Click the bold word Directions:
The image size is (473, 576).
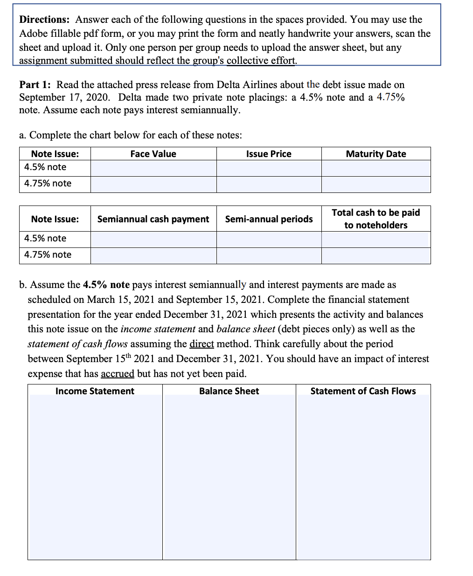(x=44, y=20)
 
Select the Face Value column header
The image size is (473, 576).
(x=153, y=154)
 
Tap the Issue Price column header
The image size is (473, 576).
(x=269, y=154)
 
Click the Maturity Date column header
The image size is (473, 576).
(x=376, y=154)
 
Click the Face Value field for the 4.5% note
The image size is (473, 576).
(x=153, y=168)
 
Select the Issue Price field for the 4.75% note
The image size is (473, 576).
(x=269, y=185)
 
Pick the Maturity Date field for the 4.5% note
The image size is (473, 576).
(x=376, y=168)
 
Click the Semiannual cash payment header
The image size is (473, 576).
(x=153, y=219)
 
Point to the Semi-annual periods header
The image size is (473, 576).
(x=269, y=219)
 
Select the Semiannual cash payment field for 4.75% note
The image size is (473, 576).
(x=153, y=256)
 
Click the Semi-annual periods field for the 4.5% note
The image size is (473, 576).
(x=269, y=240)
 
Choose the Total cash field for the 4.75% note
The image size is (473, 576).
(x=376, y=256)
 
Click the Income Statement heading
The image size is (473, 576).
(x=95, y=391)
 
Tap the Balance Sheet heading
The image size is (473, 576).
(x=229, y=391)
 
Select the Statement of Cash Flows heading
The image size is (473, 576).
(x=363, y=391)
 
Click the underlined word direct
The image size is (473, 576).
(x=202, y=344)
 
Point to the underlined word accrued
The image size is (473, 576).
(x=117, y=374)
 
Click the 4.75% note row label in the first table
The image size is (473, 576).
(x=48, y=183)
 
